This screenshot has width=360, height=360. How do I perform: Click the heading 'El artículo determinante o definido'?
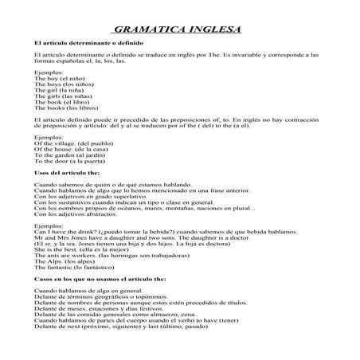[x=83, y=41]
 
